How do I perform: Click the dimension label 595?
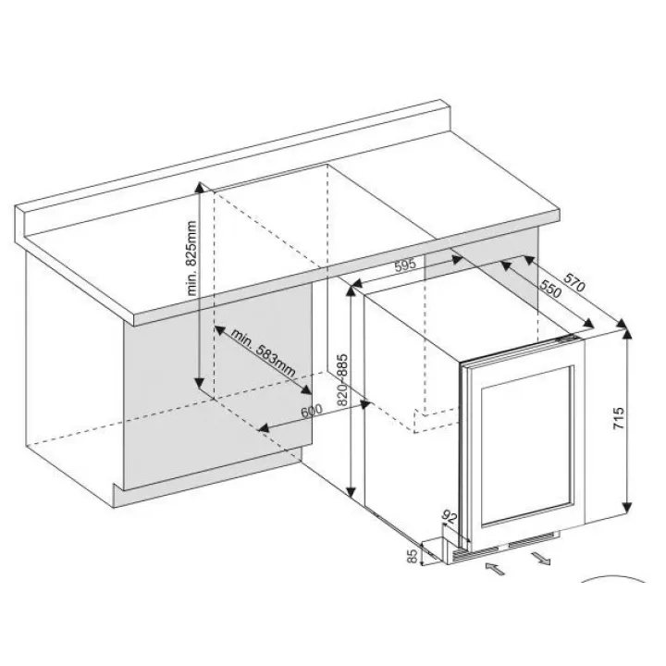pyautogui.click(x=405, y=265)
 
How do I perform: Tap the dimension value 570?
pyautogui.click(x=574, y=281)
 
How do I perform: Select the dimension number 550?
pyautogui.click(x=550, y=289)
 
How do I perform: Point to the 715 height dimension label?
pyautogui.click(x=619, y=418)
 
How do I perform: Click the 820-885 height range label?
pyautogui.click(x=342, y=380)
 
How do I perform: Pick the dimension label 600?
pyautogui.click(x=312, y=411)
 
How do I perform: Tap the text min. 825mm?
pyautogui.click(x=191, y=258)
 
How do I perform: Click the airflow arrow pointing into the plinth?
pyautogui.click(x=495, y=568)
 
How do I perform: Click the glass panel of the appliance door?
pyautogui.click(x=526, y=445)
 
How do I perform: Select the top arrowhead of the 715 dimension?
pyautogui.click(x=627, y=335)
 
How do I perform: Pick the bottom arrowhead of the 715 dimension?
pyautogui.click(x=627, y=507)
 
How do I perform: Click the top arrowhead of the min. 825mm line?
pyautogui.click(x=199, y=188)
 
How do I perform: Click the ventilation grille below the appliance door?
pyautogui.click(x=505, y=548)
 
